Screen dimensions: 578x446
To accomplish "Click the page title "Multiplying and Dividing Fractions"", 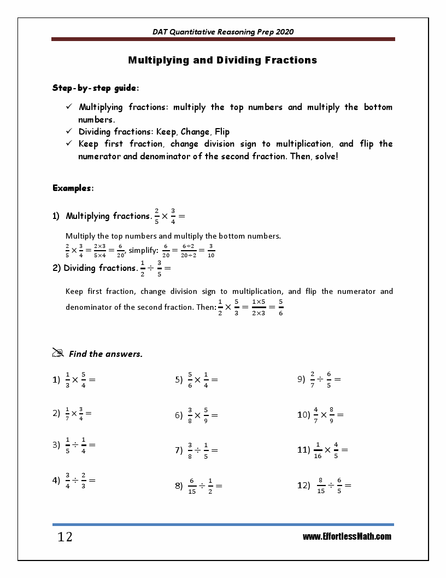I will click(x=222, y=60).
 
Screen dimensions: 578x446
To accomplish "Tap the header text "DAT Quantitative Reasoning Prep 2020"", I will click(x=223, y=32).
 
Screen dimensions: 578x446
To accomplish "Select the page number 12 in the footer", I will click(x=64, y=537).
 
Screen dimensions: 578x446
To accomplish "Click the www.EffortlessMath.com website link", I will click(x=347, y=537).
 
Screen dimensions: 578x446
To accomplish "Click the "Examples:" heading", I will click(x=73, y=188).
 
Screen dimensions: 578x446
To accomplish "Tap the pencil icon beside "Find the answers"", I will click(x=58, y=353).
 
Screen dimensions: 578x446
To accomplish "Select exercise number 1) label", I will click(x=56, y=379).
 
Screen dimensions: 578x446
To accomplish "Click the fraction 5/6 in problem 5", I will click(x=190, y=379).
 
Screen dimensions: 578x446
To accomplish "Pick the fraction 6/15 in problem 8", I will click(x=192, y=485).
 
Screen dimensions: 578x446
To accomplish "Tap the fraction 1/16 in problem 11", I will click(x=318, y=450).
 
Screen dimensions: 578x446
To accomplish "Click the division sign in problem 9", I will click(x=320, y=379).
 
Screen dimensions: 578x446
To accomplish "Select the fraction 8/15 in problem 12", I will click(x=321, y=485).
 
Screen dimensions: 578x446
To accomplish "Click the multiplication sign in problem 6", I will click(x=197, y=415).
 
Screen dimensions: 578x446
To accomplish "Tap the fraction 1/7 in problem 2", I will click(x=67, y=414).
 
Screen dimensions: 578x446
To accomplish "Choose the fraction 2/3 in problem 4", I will click(x=84, y=480).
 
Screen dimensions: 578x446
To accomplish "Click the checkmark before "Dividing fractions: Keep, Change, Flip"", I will click(x=69, y=131).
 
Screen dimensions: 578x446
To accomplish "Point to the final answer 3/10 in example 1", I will click(x=211, y=251).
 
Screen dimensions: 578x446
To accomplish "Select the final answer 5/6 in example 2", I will click(x=280, y=307).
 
